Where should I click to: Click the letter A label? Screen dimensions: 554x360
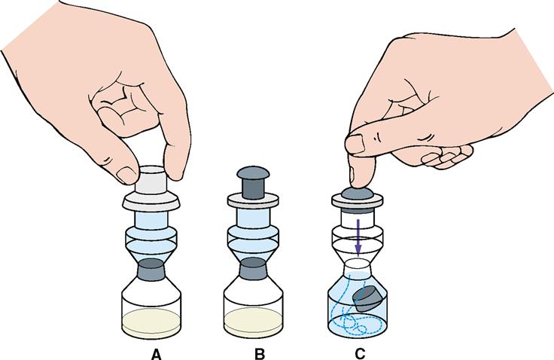click(156, 354)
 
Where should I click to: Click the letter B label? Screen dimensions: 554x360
click(260, 354)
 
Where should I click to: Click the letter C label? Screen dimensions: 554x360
click(360, 354)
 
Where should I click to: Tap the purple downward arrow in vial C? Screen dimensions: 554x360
click(358, 238)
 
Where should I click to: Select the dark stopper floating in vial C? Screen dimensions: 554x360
click(368, 299)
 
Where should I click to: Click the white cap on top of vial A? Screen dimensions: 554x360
click(151, 180)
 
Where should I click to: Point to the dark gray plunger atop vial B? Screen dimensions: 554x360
click(253, 182)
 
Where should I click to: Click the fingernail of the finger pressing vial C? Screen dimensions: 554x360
click(355, 144)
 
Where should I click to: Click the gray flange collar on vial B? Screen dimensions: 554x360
click(253, 201)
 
